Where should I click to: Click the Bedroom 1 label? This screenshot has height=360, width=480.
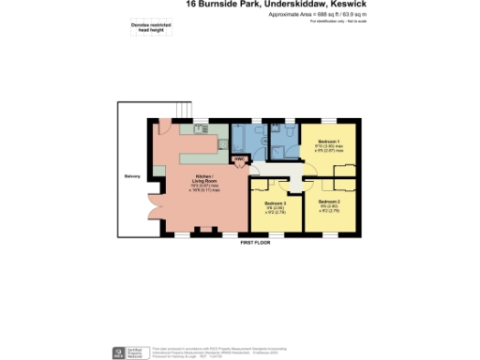tap(327, 142)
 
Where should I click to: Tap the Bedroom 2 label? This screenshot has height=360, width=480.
tap(328, 202)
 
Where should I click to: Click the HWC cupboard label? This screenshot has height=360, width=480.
tap(239, 159)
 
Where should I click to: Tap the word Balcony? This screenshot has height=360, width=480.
tap(132, 175)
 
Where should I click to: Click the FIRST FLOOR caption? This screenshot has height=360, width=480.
tap(255, 242)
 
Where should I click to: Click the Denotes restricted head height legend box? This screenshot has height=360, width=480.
tap(141, 29)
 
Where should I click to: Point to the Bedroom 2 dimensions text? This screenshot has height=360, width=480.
tap(328, 211)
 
